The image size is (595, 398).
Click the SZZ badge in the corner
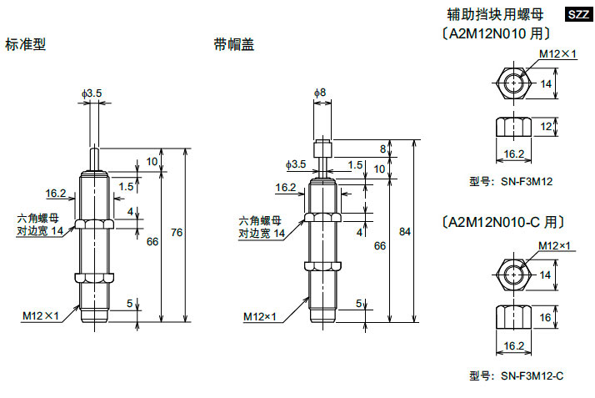(578, 14)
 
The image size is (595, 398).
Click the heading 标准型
(25, 44)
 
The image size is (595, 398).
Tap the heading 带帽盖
(232, 44)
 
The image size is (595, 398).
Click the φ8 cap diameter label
(320, 92)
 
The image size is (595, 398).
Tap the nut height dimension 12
(547, 127)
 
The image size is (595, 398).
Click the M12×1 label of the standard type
(41, 315)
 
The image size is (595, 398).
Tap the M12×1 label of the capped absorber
(260, 317)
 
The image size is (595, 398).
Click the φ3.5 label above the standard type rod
(92, 93)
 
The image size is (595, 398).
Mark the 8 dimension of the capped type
(383, 149)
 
